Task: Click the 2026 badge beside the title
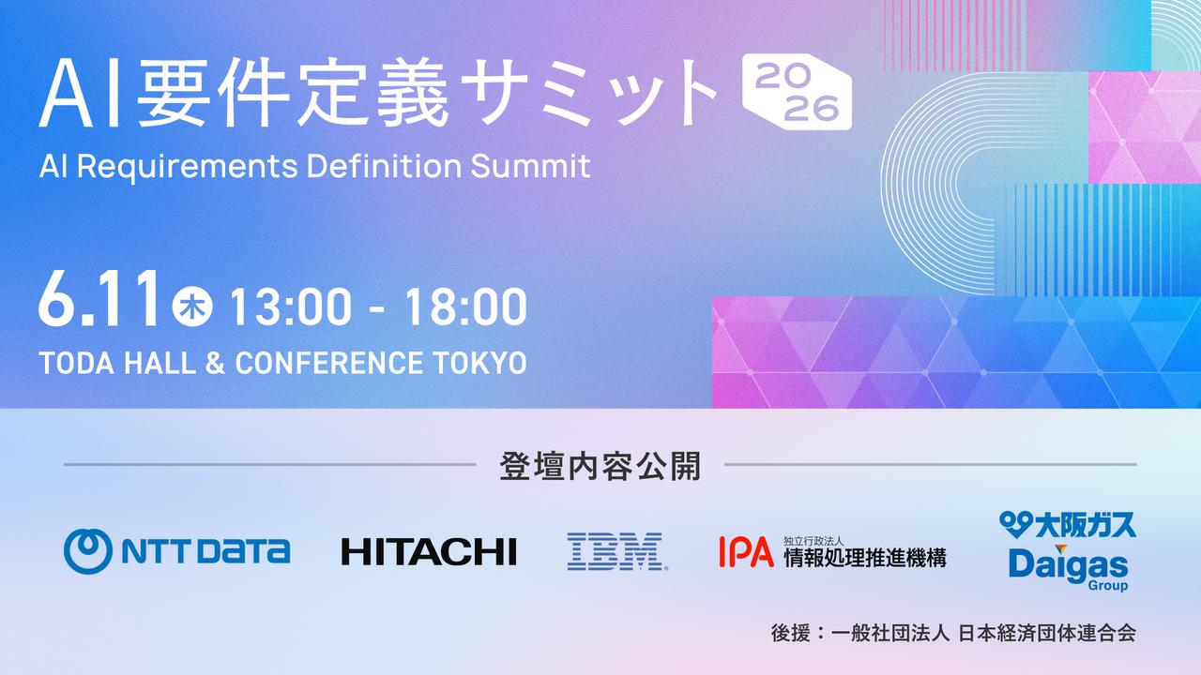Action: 798,92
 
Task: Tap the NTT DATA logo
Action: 177,551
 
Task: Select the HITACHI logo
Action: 429,552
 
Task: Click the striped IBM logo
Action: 617,551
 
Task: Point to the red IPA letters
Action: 746,552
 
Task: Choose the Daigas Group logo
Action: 1069,569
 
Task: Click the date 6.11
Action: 99,299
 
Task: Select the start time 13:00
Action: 291,307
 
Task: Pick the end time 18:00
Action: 465,307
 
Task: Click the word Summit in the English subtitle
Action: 531,166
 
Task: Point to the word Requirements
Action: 187,167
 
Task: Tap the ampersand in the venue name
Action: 215,363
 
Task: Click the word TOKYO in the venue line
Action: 479,363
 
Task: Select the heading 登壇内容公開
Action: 600,466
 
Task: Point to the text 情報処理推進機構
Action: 865,557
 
